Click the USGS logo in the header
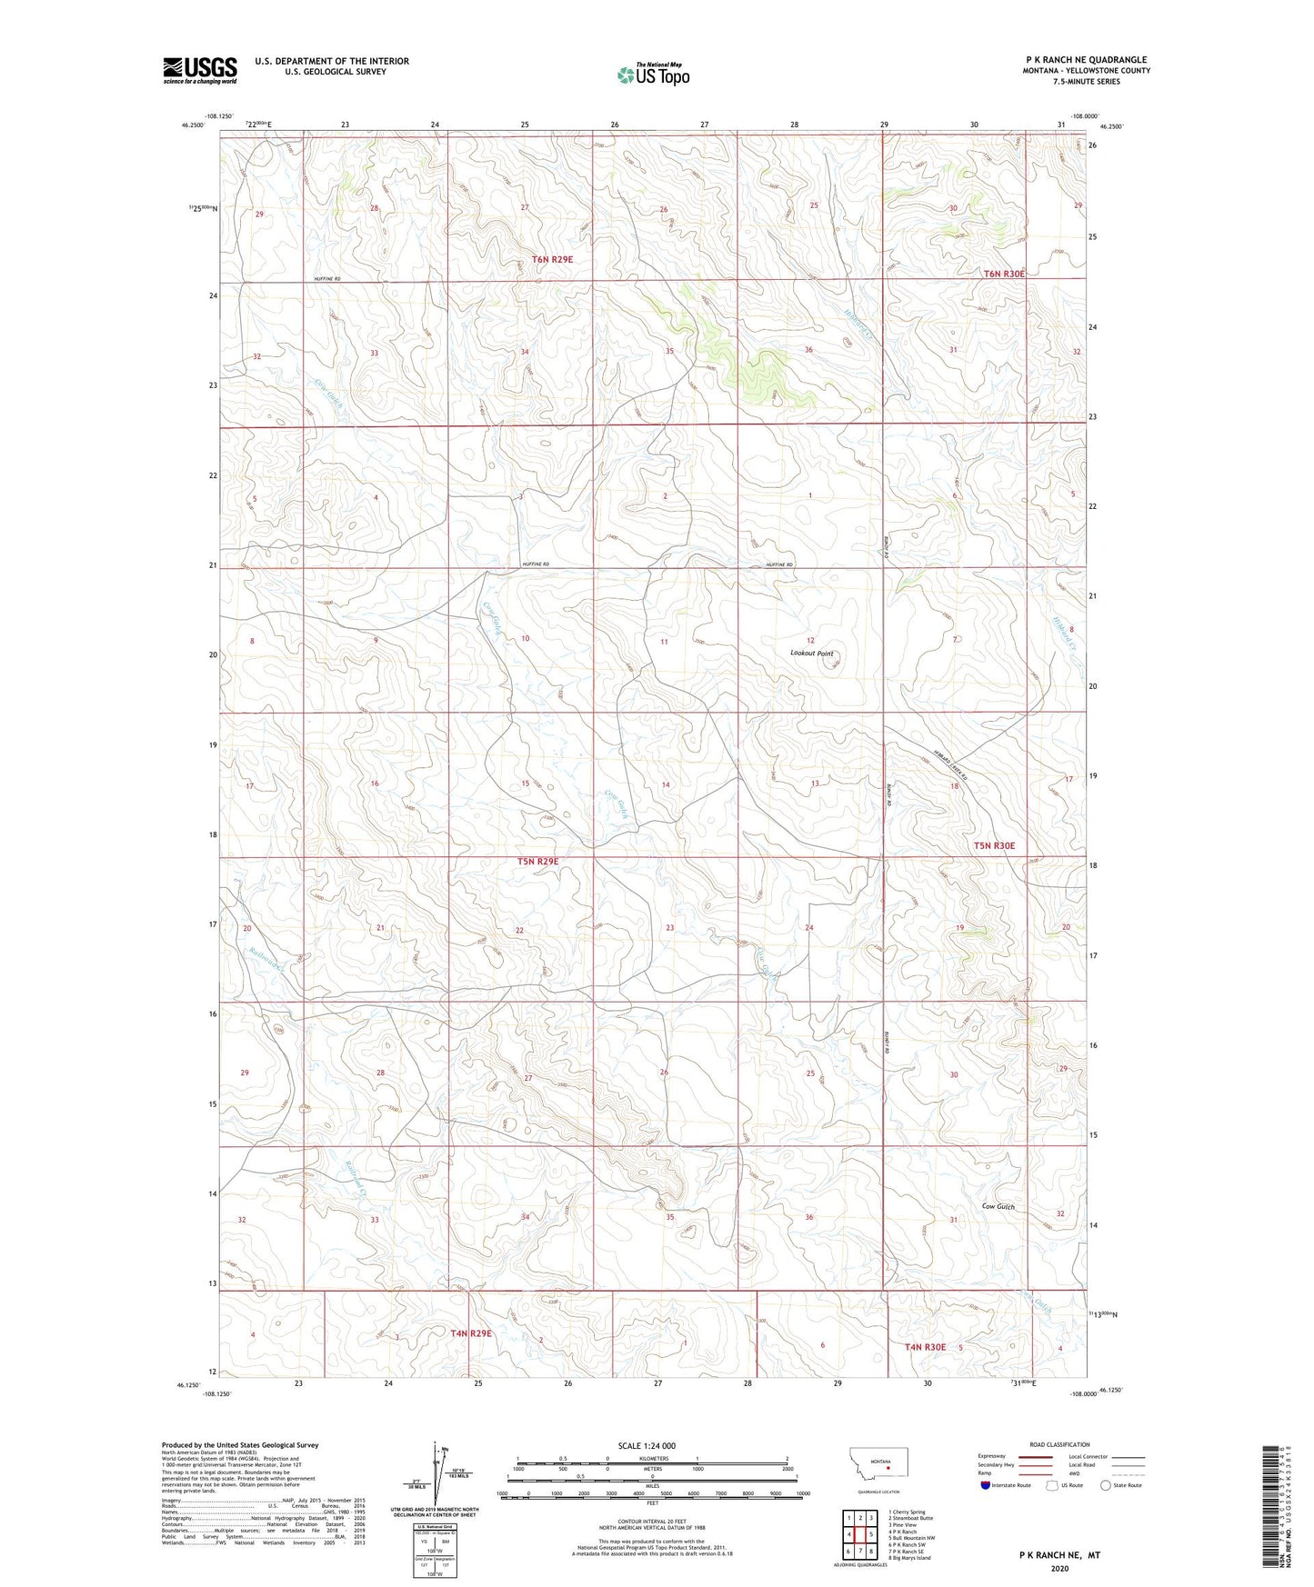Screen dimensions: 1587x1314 click(199, 70)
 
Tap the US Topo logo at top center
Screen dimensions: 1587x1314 click(653, 75)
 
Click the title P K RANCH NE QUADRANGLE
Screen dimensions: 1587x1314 click(1086, 60)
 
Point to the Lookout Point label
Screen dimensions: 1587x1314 click(811, 654)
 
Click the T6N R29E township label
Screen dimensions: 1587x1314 click(553, 259)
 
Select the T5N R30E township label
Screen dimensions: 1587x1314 click(994, 845)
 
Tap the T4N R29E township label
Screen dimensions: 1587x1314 click(471, 1333)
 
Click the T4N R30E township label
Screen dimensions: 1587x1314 click(925, 1347)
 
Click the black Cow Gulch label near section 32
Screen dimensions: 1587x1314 click(998, 1206)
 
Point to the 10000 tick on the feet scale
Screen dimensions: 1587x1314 click(802, 1493)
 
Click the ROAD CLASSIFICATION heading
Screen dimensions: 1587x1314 click(1059, 1444)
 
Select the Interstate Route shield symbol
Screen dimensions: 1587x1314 click(985, 1485)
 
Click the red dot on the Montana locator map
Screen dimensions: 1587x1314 click(888, 1465)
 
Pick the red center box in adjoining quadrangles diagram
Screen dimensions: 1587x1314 click(859, 1534)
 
